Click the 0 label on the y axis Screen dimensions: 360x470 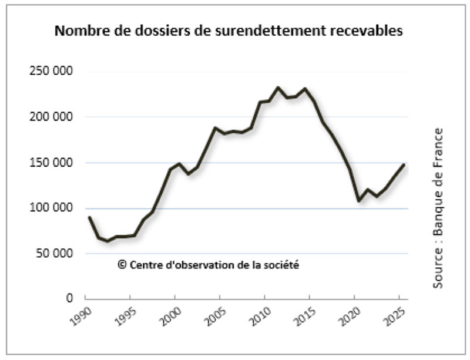point(69,299)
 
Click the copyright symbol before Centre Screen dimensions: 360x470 point(122,265)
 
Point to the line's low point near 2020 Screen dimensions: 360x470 point(358,201)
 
